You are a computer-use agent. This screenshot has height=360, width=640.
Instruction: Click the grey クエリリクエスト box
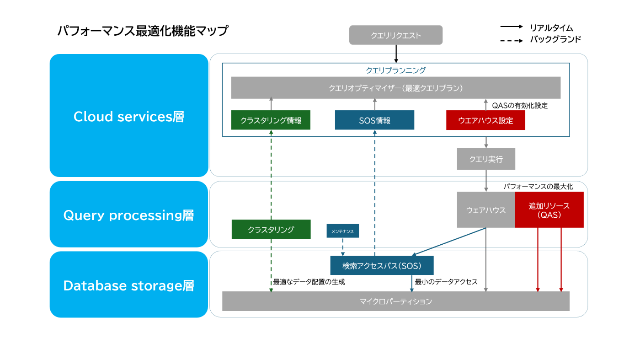coord(396,35)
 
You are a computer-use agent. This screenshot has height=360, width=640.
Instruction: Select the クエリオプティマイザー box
coord(396,88)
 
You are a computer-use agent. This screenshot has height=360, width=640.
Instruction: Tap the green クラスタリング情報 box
coord(271,120)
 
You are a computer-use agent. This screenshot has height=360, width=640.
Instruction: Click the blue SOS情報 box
coord(374,120)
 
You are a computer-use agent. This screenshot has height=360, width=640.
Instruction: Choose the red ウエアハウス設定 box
coord(485,120)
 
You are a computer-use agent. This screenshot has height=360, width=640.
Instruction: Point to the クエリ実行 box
coord(486,159)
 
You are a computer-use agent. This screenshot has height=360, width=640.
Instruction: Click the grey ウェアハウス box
coord(486,210)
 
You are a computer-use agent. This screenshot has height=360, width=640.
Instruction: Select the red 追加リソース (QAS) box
coord(549,210)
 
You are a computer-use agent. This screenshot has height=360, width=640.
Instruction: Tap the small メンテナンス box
coord(342,231)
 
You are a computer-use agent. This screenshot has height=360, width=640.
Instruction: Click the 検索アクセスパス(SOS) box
coord(382,265)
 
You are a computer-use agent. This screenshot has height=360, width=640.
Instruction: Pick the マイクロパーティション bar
coord(396,301)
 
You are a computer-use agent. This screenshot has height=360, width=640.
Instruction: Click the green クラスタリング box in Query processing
coord(271,229)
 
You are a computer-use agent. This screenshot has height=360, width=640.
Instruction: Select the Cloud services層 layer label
coord(129,116)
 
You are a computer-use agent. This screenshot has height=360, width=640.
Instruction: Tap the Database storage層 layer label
coord(129,285)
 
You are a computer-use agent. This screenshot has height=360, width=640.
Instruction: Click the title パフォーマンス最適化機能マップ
coord(143,31)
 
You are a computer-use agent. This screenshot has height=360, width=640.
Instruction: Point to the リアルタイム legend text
coord(551,28)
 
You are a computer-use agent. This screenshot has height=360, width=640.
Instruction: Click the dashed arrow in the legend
coord(512,41)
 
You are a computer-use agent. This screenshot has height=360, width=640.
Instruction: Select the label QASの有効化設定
coord(520,106)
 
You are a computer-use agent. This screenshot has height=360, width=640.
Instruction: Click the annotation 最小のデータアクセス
coord(446,282)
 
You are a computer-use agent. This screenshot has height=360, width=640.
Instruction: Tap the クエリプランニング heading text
coord(396,70)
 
